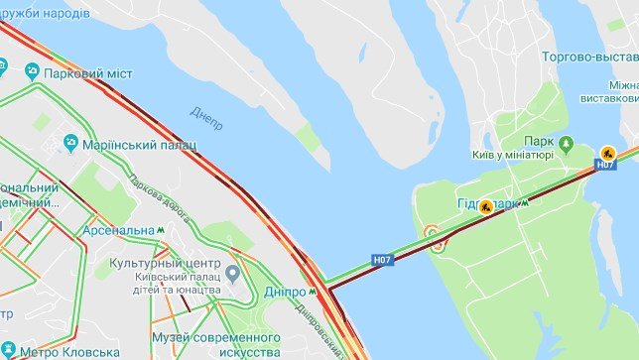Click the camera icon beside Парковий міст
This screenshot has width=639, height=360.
[x=33, y=71]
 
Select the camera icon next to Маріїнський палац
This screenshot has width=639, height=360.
[x=70, y=145]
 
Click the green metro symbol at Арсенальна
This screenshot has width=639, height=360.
[x=161, y=230]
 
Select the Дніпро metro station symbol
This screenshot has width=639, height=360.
[x=314, y=292]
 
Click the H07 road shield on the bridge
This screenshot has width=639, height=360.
[x=383, y=260]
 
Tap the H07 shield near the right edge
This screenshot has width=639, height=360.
[x=606, y=166]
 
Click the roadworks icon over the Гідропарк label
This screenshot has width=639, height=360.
[x=486, y=208]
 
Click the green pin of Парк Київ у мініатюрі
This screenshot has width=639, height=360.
[x=567, y=143]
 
